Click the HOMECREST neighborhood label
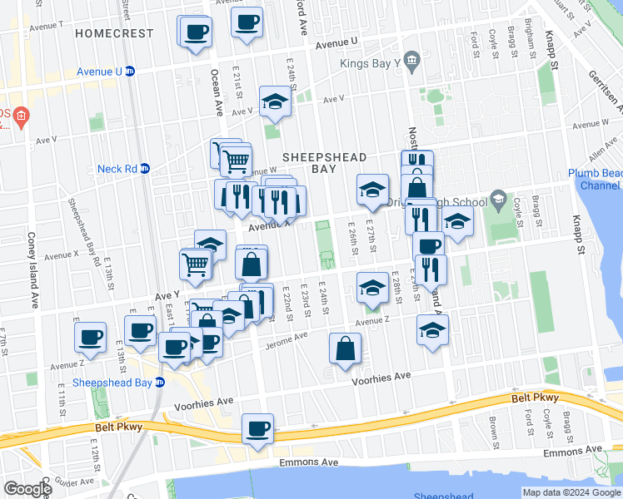click(x=114, y=33)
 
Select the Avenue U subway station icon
click(x=131, y=72)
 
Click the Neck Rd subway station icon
click(x=144, y=169)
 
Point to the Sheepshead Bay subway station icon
click(x=161, y=383)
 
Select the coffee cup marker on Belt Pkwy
click(x=258, y=430)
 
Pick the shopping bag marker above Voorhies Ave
click(x=345, y=349)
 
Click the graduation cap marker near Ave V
click(x=274, y=102)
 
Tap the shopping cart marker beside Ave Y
click(x=195, y=264)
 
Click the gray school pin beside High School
click(x=498, y=198)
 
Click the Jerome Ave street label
click(x=286, y=340)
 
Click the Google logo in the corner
click(x=27, y=488)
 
